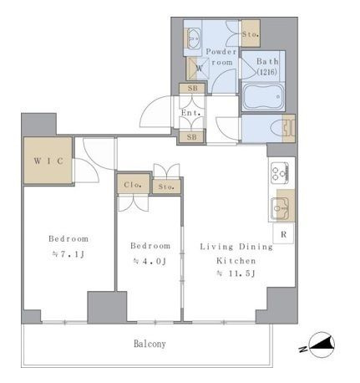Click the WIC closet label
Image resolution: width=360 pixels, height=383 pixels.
click(x=48, y=161)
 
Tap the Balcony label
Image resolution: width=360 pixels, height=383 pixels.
click(x=150, y=344)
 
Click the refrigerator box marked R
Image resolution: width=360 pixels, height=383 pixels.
click(x=283, y=233)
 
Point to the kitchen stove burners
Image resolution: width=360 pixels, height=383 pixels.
click(x=279, y=173)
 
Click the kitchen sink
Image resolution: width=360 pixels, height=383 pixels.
click(x=281, y=208)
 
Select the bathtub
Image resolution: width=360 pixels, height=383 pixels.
click(x=263, y=97)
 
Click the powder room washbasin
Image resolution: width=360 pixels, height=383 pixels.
click(x=193, y=38)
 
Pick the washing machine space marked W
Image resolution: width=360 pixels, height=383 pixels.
click(x=199, y=69)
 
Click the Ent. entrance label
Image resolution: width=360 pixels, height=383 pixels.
click(x=190, y=113)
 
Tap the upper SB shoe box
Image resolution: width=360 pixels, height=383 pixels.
click(x=192, y=89)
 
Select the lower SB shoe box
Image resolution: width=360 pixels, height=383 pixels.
click(x=192, y=137)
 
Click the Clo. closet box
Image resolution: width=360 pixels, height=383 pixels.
click(x=133, y=184)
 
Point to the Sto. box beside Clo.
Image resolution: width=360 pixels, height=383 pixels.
click(x=166, y=186)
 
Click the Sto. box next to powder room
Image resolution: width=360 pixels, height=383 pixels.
click(x=251, y=33)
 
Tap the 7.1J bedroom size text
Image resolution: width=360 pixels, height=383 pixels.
click(x=68, y=254)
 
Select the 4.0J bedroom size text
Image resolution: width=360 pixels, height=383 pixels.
click(x=150, y=261)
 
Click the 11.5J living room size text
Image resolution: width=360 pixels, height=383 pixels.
click(x=236, y=273)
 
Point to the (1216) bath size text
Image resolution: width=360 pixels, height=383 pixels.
click(x=267, y=72)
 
